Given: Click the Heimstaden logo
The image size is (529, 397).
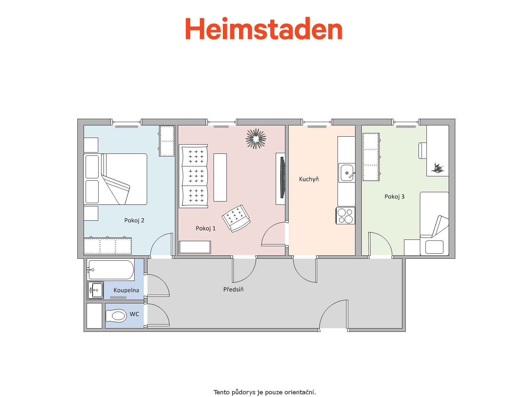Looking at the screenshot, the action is coord(264,28).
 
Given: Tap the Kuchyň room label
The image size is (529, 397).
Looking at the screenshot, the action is coord(309,179).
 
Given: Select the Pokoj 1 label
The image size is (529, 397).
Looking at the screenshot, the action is coord(206,228).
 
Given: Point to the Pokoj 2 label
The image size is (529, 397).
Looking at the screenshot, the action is coord(134,220).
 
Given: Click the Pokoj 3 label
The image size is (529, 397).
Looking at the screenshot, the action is coord(394,197).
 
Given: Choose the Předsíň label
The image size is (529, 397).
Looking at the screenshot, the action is coord(233,289).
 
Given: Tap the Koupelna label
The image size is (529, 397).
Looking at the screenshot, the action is coord(126,290).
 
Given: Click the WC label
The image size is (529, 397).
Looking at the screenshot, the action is coord(134,314).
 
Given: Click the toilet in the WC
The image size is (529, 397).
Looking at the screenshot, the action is coord(116,316).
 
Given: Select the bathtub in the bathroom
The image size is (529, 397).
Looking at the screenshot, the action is coord(111,270).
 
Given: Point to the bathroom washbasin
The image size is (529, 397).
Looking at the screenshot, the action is coord(96,290).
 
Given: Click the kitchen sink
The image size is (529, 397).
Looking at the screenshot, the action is coord(347,173).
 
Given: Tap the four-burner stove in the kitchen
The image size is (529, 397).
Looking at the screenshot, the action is coord(346,216).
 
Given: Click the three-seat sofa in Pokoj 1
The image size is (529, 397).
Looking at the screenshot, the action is coord(193,176).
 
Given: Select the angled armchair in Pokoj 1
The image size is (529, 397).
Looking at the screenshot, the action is coord(236,218).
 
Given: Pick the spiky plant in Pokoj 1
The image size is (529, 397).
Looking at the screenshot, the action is coord(256,139).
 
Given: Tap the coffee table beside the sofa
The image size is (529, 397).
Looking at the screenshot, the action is coord(220,177).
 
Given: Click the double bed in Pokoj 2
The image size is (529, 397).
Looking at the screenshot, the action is coord(115,179).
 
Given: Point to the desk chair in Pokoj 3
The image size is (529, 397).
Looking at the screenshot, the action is coord(423,151).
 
